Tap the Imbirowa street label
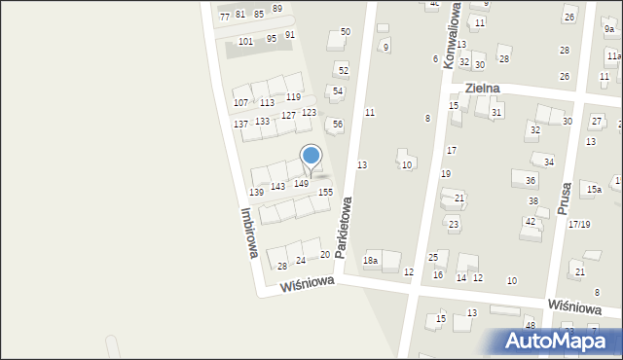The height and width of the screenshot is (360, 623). pyautogui.click(x=247, y=233)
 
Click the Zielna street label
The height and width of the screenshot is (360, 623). pyautogui.click(x=482, y=88)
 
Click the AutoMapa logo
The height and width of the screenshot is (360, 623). pyautogui.click(x=559, y=341)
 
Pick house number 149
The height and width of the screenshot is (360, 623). pyautogui.click(x=302, y=183)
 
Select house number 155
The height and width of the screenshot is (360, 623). pyautogui.click(x=325, y=193)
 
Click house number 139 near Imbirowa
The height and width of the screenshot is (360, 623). pyautogui.click(x=256, y=193)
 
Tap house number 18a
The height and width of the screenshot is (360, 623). pyautogui.click(x=370, y=260)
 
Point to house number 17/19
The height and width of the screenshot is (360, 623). pyautogui.click(x=579, y=225)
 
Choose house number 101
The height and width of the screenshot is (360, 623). pyautogui.click(x=245, y=41)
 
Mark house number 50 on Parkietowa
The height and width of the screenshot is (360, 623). pyautogui.click(x=345, y=32)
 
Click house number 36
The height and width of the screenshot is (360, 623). pyautogui.click(x=531, y=180)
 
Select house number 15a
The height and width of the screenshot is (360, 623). pyautogui.click(x=593, y=189)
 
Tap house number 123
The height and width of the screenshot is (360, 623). pyautogui.click(x=309, y=113)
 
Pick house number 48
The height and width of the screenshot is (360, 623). pyautogui.click(x=530, y=324)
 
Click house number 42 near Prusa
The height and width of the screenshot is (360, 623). pyautogui.click(x=530, y=222)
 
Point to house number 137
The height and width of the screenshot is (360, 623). pyautogui.click(x=240, y=124)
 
